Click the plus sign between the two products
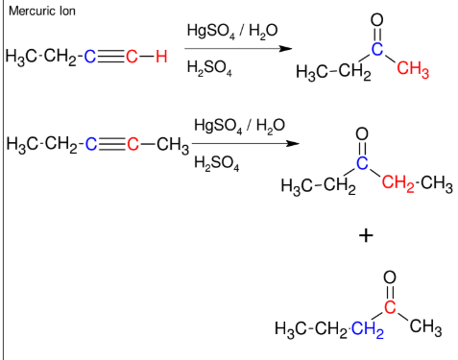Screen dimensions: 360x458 365,234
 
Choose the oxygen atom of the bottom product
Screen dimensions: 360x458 390,278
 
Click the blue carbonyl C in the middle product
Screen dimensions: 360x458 362,161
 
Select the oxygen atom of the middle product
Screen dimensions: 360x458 362,132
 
